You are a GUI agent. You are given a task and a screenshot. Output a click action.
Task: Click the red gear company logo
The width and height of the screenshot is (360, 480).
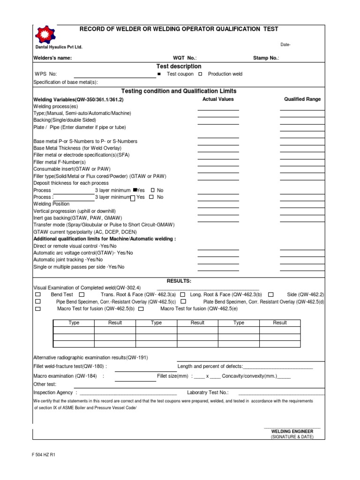[46, 35]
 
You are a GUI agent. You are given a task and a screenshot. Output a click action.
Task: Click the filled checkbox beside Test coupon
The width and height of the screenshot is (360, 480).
[159, 74]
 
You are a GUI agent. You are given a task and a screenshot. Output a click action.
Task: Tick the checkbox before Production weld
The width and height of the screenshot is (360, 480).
[200, 74]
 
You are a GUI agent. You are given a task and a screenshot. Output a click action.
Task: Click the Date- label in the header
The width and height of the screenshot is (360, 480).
[285, 45]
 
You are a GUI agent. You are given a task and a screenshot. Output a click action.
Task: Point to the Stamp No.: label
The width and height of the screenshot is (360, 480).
[266, 58]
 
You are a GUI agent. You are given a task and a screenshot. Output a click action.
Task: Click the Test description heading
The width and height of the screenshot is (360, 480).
[179, 67]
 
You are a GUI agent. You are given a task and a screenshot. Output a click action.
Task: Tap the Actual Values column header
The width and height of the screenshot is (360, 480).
[218, 99]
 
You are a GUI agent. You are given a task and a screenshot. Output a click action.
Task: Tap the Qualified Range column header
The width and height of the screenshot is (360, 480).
[302, 99]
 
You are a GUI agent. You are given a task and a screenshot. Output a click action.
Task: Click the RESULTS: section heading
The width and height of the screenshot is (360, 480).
[179, 281]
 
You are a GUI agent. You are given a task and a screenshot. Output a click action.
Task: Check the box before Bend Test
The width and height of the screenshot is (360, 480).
[38, 294]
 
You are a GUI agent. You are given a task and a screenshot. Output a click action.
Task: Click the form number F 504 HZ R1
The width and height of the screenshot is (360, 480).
[44, 455]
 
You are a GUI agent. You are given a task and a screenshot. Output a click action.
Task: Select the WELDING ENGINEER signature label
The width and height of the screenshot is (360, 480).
[292, 431]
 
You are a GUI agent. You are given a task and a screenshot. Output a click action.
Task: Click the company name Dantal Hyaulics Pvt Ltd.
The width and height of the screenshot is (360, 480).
[59, 47]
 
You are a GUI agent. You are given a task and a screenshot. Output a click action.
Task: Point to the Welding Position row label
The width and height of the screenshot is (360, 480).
[52, 204]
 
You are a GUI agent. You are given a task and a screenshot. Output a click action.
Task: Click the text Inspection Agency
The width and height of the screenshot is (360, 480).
[53, 392]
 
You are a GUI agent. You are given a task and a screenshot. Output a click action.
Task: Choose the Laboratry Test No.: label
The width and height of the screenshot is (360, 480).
[208, 392]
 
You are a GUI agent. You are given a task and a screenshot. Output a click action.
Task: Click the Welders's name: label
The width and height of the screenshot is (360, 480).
[52, 58]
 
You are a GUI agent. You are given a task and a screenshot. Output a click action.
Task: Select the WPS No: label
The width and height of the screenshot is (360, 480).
[46, 74]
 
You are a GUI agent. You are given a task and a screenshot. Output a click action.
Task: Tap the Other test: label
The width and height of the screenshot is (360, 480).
[45, 384]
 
